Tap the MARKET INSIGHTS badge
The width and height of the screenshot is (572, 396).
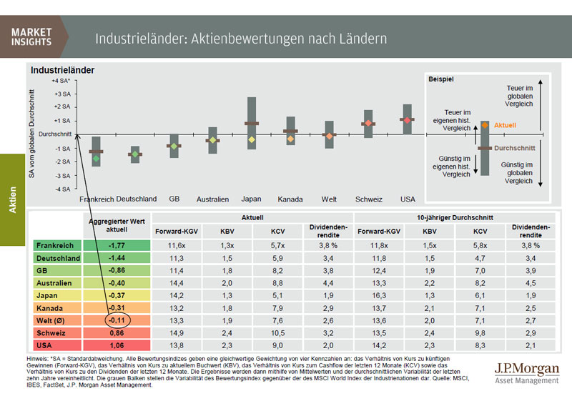[x=32, y=36]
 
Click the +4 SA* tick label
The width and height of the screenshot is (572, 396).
[x=59, y=81]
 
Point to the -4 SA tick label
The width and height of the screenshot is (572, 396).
[x=61, y=189]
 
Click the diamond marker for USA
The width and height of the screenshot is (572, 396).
[x=408, y=120]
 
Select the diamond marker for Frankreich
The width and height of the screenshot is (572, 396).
[x=96, y=158]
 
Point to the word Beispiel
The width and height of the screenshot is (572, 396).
[x=441, y=79]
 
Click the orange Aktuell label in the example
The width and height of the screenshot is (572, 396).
[x=504, y=125]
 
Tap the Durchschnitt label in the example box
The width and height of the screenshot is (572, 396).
[x=515, y=148]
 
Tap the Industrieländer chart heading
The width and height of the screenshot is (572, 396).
[x=62, y=70]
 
